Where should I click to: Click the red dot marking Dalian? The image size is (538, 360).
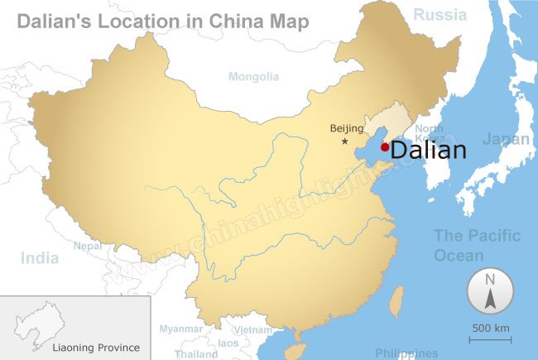(384, 147)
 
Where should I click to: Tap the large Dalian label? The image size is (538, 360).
(428, 151)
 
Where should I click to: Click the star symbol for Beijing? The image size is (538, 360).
(345, 142)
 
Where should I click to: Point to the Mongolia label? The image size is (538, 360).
(254, 77)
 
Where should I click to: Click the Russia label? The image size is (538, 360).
(440, 14)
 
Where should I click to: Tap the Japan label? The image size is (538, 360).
(506, 139)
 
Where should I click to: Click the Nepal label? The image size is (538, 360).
(88, 246)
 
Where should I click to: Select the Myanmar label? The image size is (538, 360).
(180, 329)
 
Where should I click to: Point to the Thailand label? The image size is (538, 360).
(196, 353)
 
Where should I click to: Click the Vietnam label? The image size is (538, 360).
(252, 329)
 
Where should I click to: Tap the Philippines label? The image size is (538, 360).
(406, 353)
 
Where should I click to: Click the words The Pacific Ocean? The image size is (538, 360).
(478, 245)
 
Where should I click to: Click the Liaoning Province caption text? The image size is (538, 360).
(96, 348)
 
